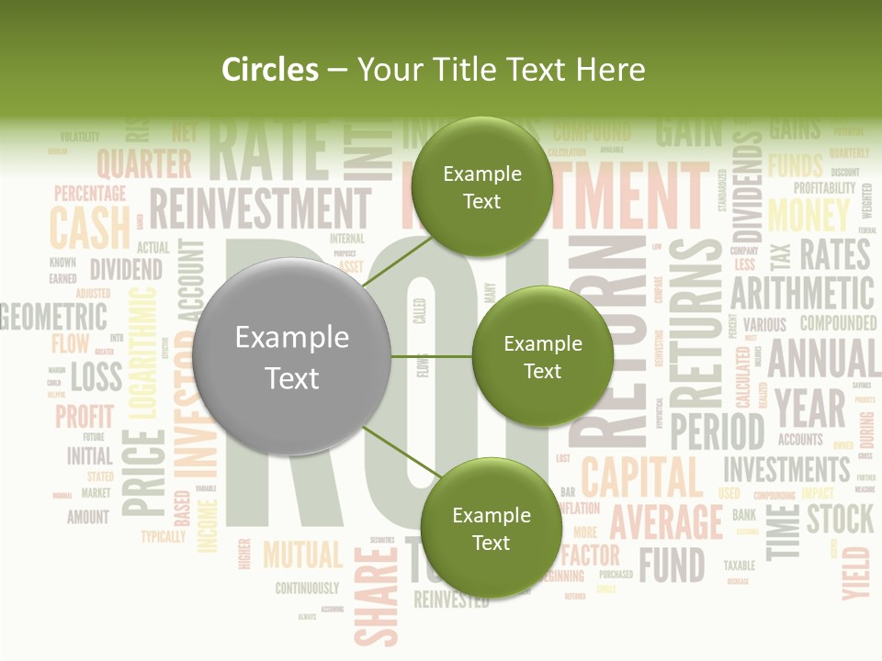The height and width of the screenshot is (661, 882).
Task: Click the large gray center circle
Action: click(292, 357)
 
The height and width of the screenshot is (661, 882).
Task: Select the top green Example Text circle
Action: click(481, 187)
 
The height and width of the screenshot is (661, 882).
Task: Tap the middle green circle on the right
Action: click(542, 356)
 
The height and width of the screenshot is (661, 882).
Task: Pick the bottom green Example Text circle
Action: click(491, 528)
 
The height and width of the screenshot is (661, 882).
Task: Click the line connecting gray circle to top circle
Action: click(397, 262)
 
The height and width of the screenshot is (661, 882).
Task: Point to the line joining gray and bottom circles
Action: click(397, 452)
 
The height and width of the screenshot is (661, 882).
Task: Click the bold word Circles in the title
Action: click(270, 70)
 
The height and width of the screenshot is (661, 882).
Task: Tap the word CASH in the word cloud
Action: click(90, 227)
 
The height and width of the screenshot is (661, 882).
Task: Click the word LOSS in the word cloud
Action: click(96, 375)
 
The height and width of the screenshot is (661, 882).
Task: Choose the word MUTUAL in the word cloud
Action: click(302, 555)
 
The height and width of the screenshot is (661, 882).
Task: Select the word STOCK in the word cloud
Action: click(840, 519)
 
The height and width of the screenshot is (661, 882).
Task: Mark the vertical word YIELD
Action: click(855, 572)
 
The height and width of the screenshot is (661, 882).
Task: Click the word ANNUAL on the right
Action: click(822, 358)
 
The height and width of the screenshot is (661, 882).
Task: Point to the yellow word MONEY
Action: click(808, 215)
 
